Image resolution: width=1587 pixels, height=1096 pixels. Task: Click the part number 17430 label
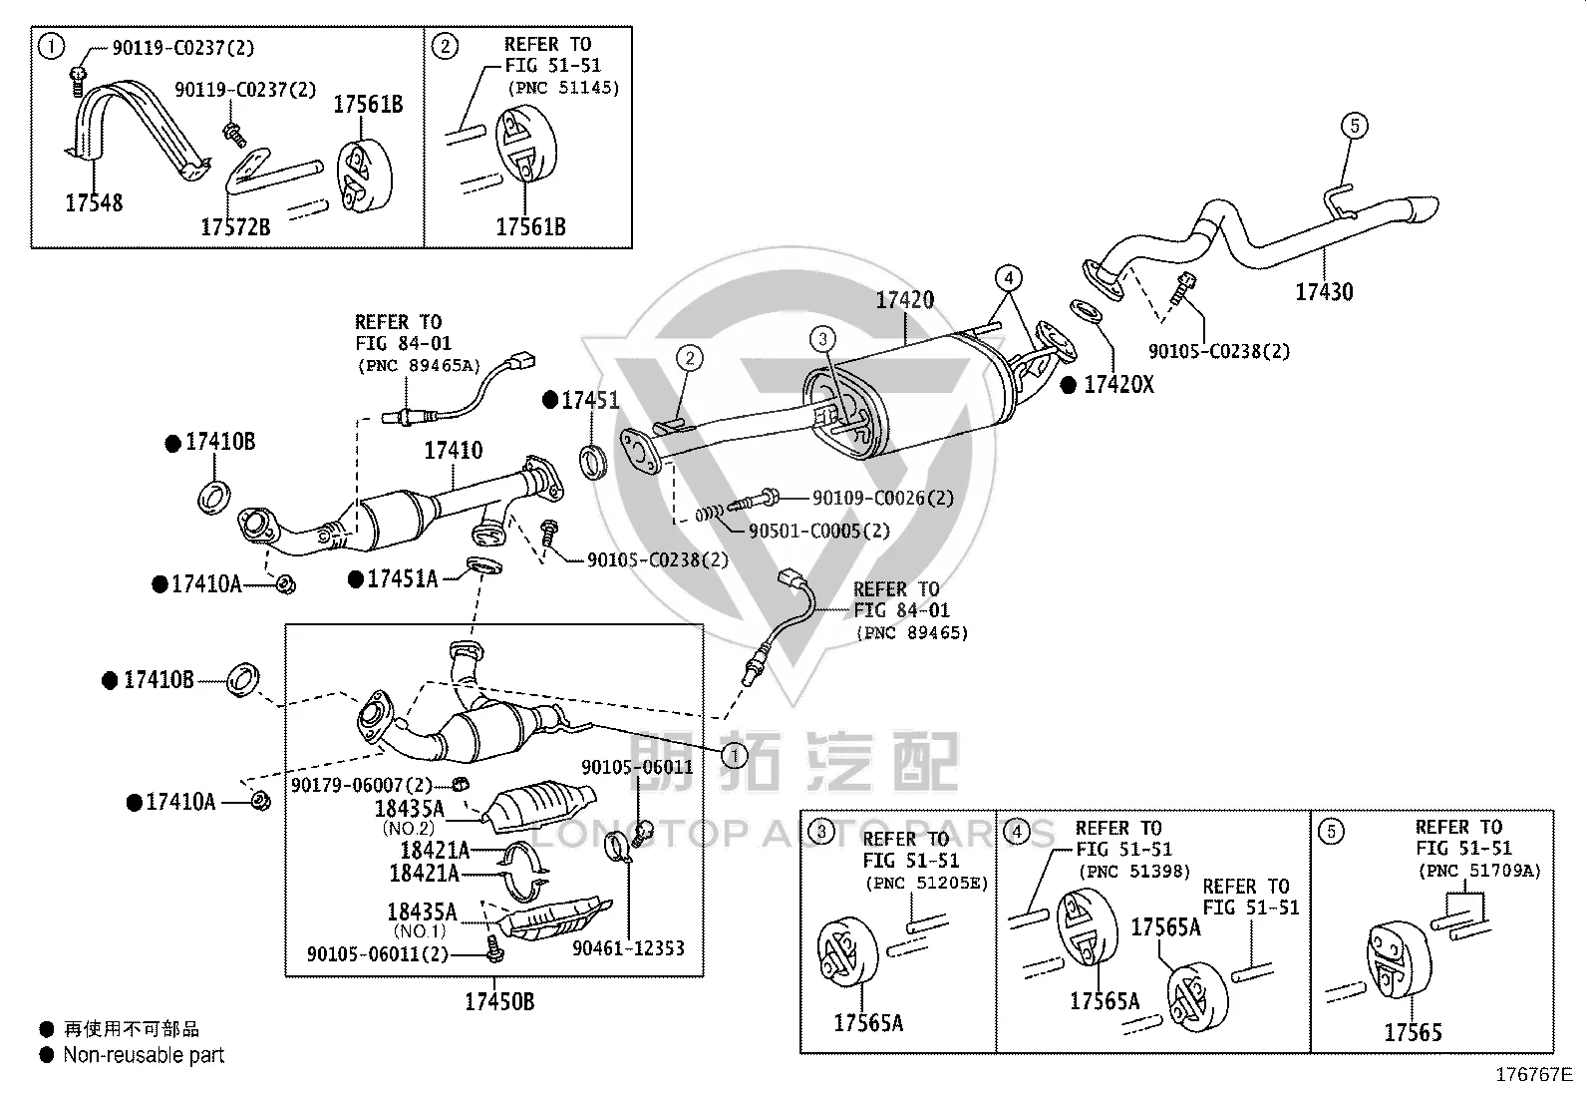[1324, 292]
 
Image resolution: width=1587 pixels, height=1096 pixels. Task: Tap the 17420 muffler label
[905, 300]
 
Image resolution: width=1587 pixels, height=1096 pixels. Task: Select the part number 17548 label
[95, 203]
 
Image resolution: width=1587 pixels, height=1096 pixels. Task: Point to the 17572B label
[235, 227]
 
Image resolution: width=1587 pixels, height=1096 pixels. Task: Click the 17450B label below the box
[499, 1001]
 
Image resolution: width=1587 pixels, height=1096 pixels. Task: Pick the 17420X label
[1118, 385]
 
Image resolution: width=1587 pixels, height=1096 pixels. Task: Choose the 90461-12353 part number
[628, 948]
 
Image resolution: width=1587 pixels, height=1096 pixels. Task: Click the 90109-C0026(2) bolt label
[883, 499]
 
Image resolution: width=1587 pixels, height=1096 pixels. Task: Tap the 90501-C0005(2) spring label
[819, 531]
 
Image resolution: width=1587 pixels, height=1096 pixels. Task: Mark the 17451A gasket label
[403, 579]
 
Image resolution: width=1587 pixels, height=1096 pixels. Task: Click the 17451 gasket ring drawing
[594, 462]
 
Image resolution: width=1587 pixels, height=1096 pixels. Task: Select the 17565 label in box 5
[1413, 1033]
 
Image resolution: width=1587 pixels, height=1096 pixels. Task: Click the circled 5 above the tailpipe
[1355, 127]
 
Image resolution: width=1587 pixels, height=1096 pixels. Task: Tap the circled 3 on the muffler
[822, 339]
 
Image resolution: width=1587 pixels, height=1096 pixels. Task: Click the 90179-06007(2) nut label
[361, 786]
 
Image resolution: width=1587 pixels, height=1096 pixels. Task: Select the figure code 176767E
[1534, 1075]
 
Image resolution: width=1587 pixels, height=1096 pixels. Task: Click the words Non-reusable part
[144, 1055]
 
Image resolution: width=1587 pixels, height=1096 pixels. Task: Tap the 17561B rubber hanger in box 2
[525, 144]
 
